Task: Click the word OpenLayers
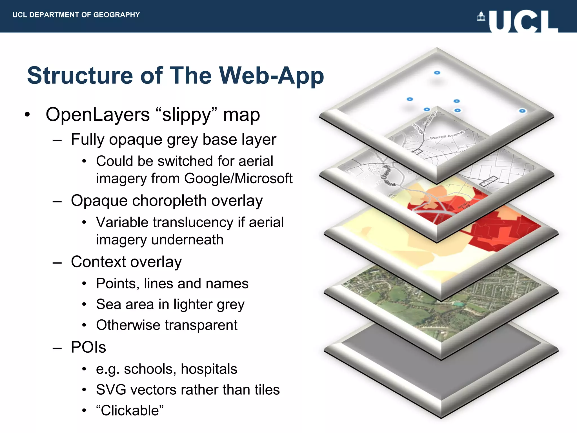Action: tap(97, 115)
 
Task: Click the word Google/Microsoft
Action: tap(238, 178)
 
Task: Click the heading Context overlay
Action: tap(126, 262)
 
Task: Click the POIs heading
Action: tap(88, 347)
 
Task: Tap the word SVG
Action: tap(110, 390)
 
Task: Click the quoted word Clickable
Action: tap(130, 411)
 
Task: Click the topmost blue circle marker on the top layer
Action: tap(437, 73)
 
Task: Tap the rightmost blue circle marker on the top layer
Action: tap(522, 111)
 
